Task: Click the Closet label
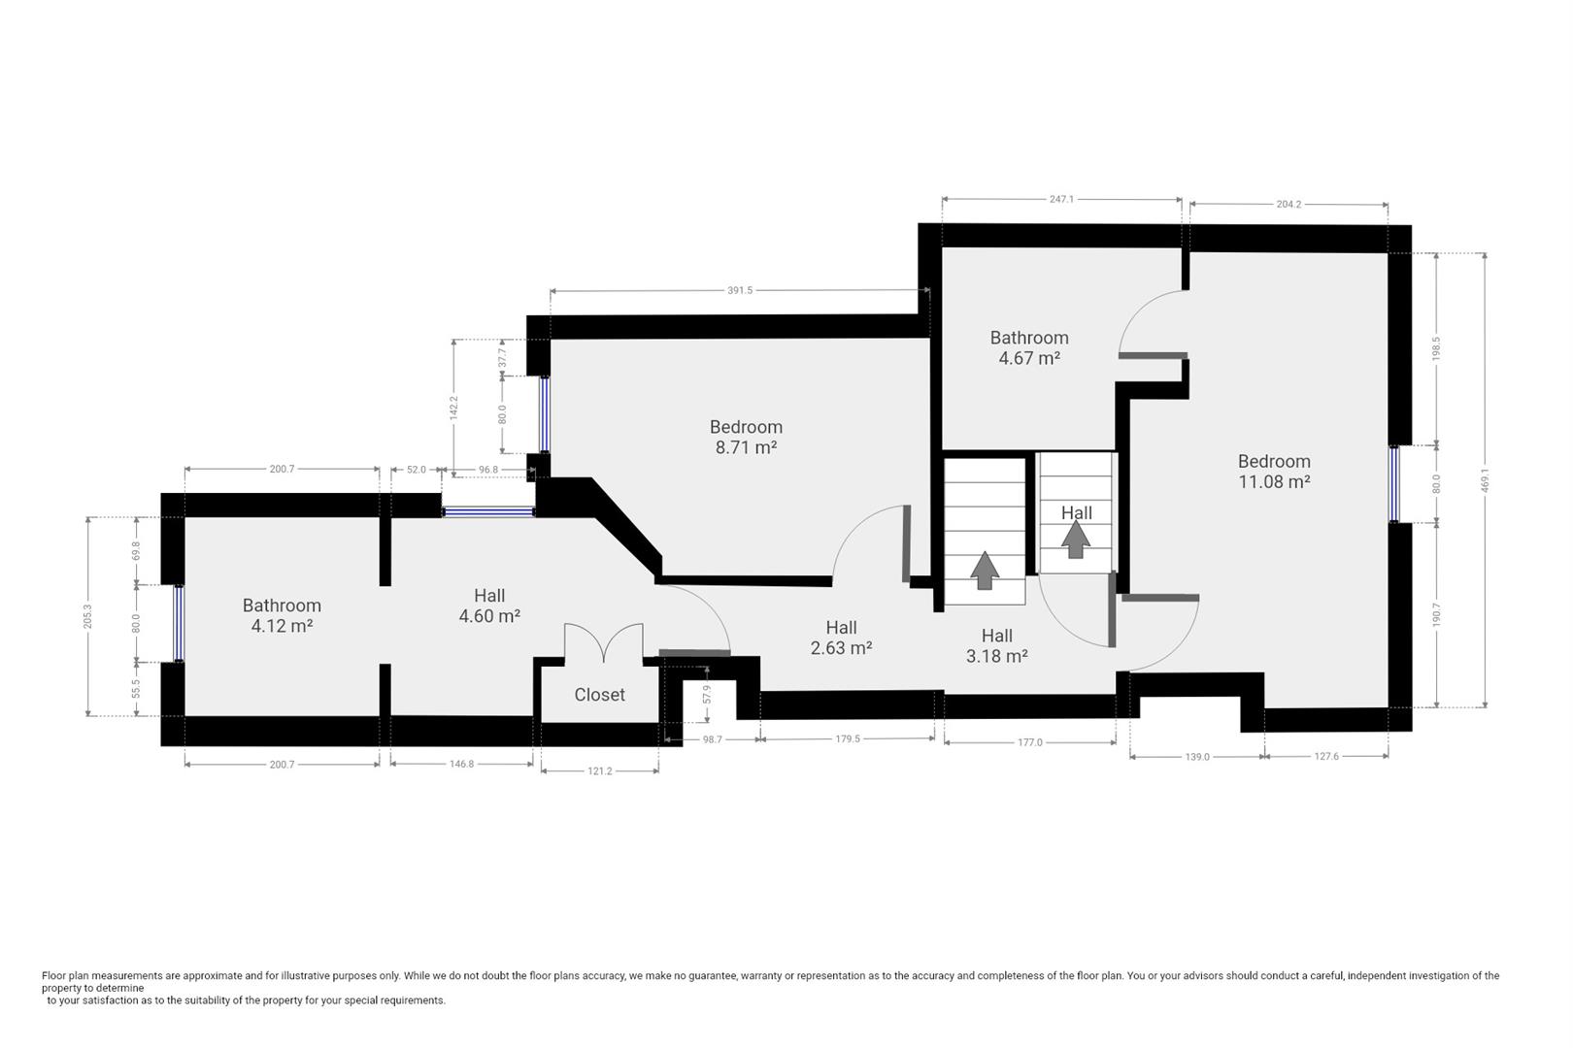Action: click(599, 694)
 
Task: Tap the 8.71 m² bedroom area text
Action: click(746, 447)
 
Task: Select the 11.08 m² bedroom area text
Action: click(1274, 481)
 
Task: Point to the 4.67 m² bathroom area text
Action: click(1029, 358)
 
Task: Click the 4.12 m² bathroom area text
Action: click(282, 626)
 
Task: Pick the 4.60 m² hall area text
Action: click(489, 615)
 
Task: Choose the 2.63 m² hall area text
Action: click(841, 648)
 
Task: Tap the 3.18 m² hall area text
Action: click(997, 656)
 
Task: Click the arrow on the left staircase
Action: click(985, 570)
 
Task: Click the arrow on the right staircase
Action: click(1075, 540)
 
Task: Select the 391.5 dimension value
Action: click(740, 290)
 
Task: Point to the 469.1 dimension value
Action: click(1485, 480)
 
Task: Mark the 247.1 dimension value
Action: click(1062, 199)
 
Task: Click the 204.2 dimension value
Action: click(1289, 205)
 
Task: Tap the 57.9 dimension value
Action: click(707, 695)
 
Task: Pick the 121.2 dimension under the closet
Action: click(600, 770)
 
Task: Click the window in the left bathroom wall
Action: click(179, 623)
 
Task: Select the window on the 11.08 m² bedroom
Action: click(1394, 484)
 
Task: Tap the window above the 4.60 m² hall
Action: click(488, 511)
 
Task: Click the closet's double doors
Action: click(603, 640)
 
